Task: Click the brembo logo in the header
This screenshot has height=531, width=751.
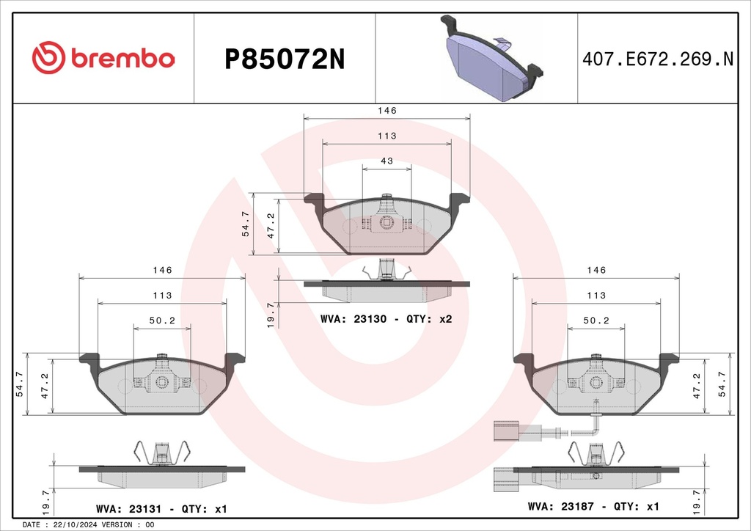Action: [x=103, y=58]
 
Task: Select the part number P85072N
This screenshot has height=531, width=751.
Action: [x=285, y=60]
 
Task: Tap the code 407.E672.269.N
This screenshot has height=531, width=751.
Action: [x=658, y=59]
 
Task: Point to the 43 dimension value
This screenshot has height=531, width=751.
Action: [x=387, y=161]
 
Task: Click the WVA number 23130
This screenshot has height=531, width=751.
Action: [x=370, y=319]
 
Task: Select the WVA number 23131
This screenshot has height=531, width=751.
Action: [x=144, y=508]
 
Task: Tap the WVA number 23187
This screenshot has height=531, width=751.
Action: [x=577, y=506]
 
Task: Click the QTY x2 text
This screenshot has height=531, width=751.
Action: [x=428, y=319]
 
